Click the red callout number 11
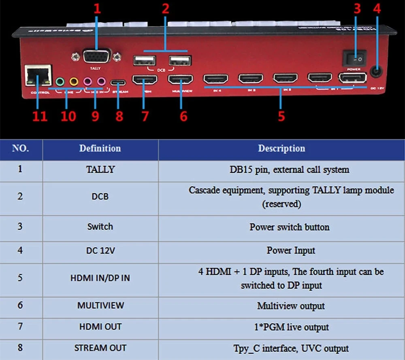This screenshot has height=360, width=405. tap(40, 116)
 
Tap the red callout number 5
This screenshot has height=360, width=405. tap(281, 116)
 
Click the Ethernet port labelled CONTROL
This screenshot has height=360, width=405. tap(38, 76)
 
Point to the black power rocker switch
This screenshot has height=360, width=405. tap(354, 58)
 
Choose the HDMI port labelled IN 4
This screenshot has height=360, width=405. tap(215, 79)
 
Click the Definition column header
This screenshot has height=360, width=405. tap(100, 149)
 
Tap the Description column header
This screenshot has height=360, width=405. tap(281, 149)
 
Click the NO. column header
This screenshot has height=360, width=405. tap(21, 149)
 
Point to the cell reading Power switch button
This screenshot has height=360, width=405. tap(289, 227)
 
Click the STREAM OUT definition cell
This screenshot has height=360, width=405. tap(100, 348)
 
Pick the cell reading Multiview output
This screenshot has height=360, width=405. tap(291, 306)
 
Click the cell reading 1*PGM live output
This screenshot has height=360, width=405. tap(291, 327)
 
